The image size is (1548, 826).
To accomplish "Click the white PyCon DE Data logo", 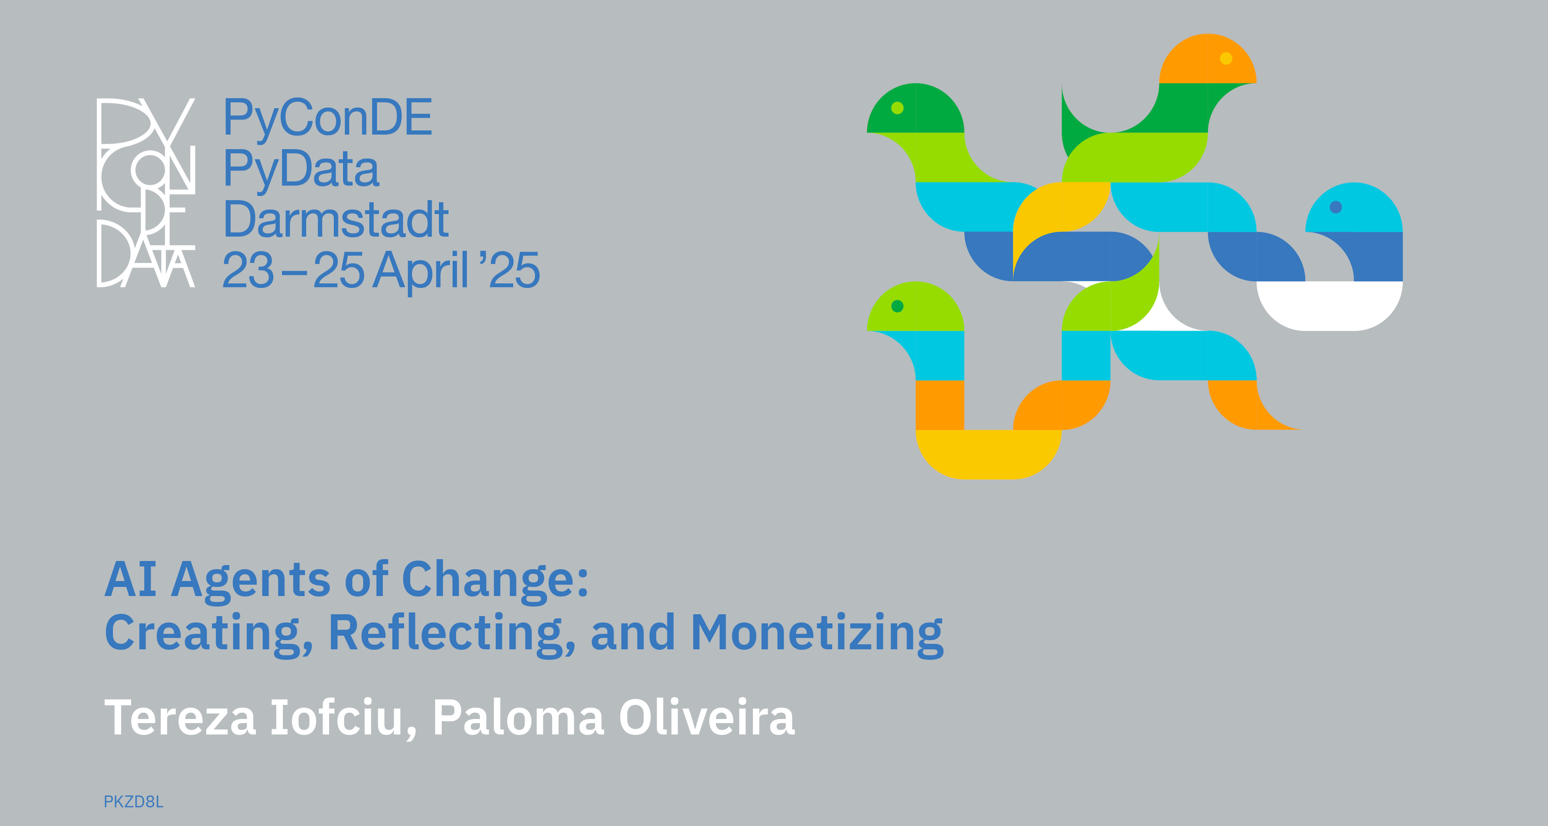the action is [x=146, y=192].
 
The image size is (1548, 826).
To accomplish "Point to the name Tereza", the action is [x=180, y=717].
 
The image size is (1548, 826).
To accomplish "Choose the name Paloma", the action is [x=518, y=717].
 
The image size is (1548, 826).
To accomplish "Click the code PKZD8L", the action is [x=133, y=802].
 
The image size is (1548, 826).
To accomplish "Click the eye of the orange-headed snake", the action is [x=1227, y=58].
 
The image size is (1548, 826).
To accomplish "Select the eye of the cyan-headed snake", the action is [x=1336, y=207].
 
